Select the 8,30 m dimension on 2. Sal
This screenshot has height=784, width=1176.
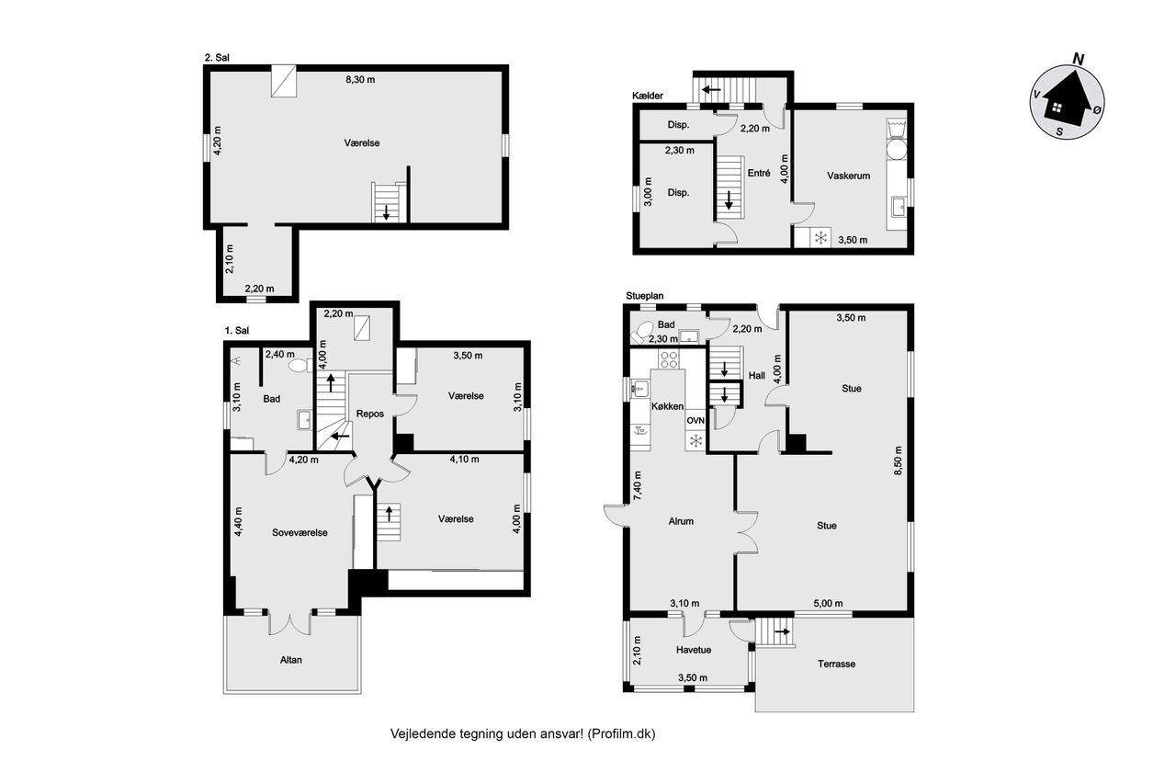point(360,80)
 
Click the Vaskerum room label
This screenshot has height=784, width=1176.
point(848,176)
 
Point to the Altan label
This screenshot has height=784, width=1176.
point(291,660)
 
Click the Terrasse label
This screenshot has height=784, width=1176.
point(836,665)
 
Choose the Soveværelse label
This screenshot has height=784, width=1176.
point(300,533)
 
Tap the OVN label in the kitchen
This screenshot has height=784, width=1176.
point(695,421)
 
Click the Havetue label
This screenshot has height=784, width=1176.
point(694,650)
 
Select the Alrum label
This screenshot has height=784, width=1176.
point(681,521)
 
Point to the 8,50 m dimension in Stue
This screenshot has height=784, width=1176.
point(898,461)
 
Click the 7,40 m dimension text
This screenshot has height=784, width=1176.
point(638,485)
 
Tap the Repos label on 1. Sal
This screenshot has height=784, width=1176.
point(370,414)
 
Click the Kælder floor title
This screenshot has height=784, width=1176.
point(648,96)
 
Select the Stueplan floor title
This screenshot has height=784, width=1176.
point(645,296)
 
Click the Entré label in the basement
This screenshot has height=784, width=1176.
point(759,173)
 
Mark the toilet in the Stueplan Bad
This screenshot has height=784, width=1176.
point(641,333)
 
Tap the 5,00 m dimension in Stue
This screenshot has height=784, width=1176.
point(828,604)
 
